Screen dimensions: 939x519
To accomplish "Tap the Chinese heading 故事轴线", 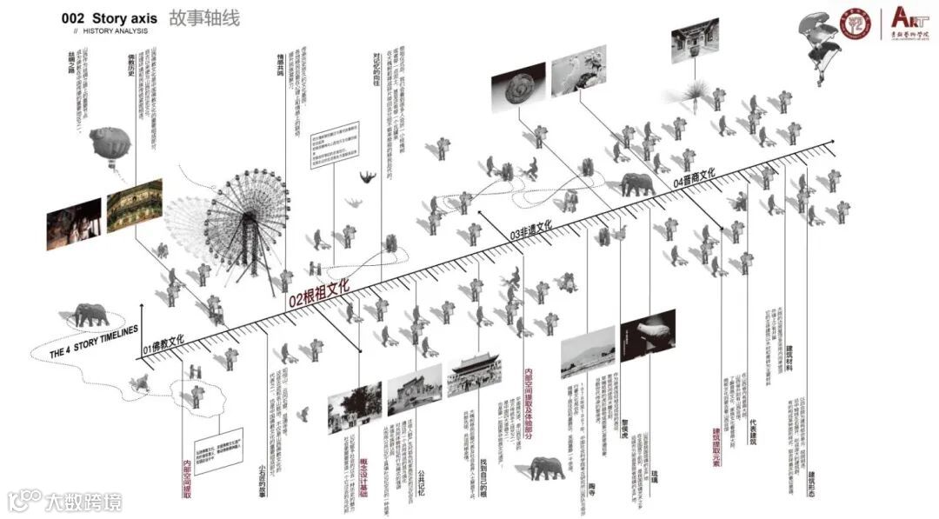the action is coord(203,18).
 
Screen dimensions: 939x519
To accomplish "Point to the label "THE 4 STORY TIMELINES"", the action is coord(95,343).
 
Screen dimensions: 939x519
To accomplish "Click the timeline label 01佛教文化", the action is coord(164,341).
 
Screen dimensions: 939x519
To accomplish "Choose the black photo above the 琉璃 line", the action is coord(648,337).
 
